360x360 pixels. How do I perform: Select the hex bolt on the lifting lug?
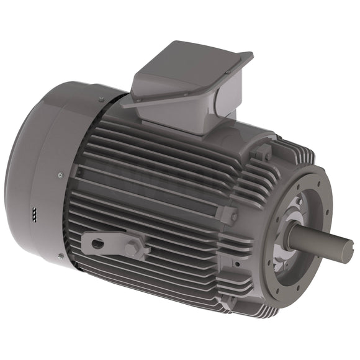(132, 249)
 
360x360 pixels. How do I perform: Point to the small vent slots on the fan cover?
(33, 214)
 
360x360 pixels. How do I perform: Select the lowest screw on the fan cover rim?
(60, 255)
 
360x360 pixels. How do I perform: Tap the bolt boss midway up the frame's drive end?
(228, 215)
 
